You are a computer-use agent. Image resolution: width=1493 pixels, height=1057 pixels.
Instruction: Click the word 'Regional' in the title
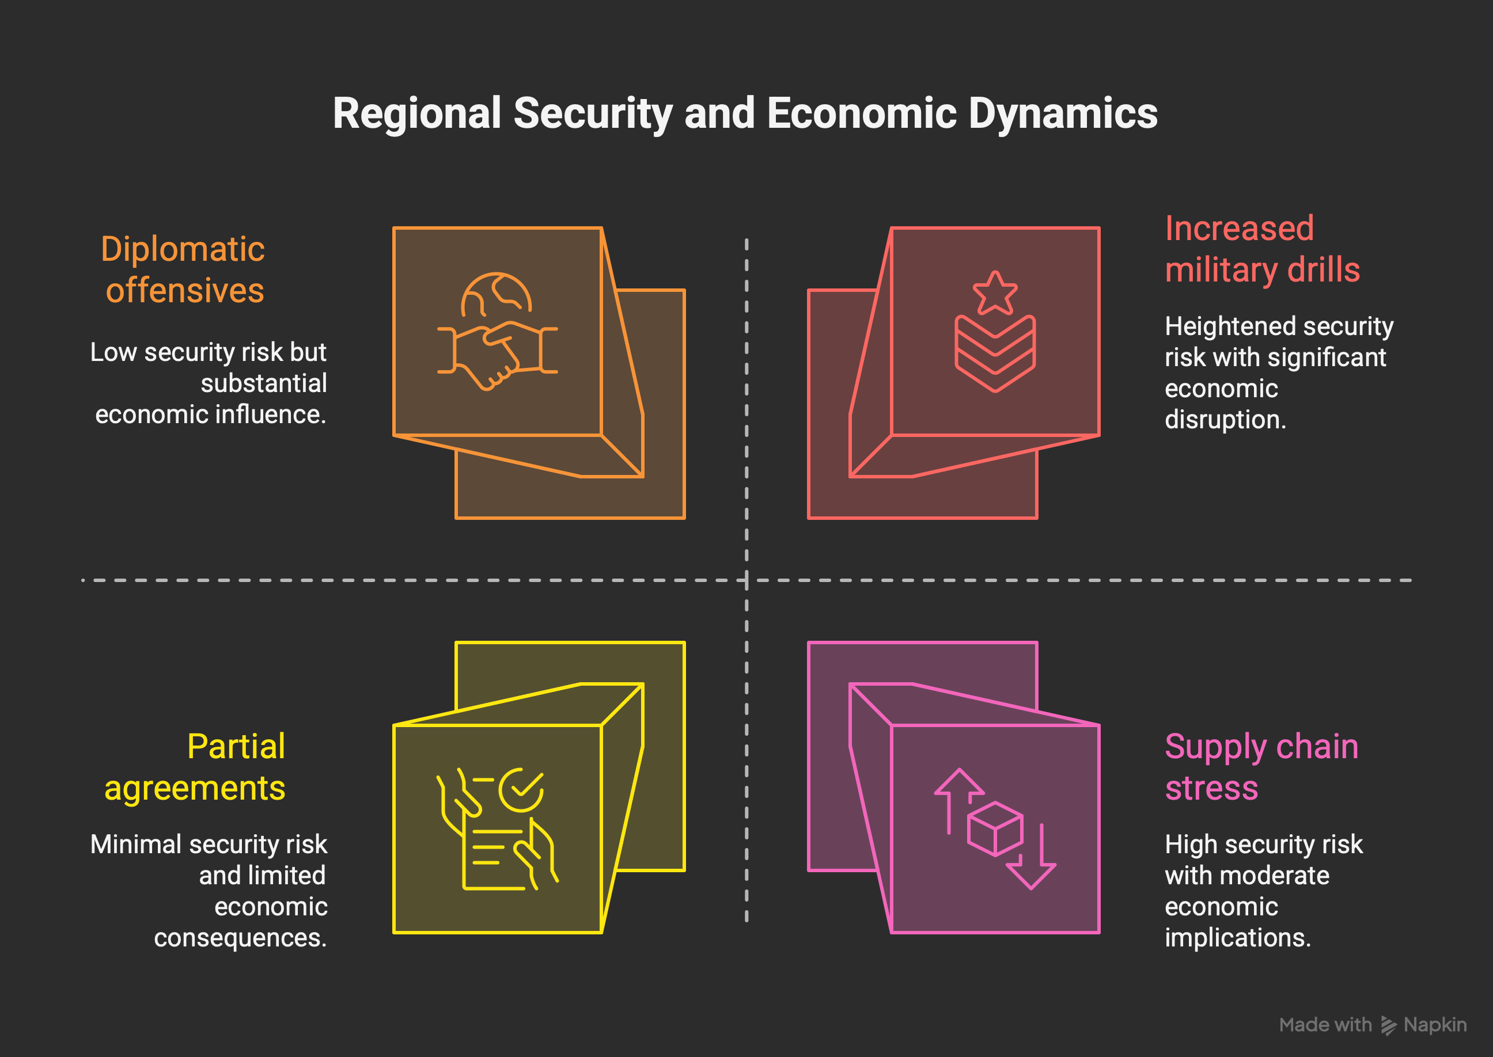click(x=416, y=113)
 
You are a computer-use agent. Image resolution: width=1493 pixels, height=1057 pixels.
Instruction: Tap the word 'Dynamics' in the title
click(x=1062, y=113)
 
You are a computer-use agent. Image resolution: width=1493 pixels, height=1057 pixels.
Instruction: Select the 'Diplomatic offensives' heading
click(x=183, y=269)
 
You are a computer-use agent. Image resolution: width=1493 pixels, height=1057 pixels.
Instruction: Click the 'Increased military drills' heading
click(x=1262, y=249)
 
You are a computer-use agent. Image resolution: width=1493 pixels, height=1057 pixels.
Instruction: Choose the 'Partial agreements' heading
click(x=195, y=767)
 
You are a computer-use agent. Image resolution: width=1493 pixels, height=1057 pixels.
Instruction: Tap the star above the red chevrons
click(x=994, y=294)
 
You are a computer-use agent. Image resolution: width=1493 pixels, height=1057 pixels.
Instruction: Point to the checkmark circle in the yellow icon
click(x=520, y=789)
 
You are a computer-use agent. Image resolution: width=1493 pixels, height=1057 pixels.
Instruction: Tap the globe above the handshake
click(x=497, y=294)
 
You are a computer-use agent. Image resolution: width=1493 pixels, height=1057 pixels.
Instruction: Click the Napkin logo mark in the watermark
click(x=1388, y=1025)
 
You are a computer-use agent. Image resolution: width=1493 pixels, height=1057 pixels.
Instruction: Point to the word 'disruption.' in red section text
click(x=1225, y=420)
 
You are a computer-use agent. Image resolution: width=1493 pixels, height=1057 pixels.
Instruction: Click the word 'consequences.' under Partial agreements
click(x=240, y=938)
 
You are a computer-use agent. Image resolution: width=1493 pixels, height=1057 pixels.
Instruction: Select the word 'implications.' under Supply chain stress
click(x=1237, y=938)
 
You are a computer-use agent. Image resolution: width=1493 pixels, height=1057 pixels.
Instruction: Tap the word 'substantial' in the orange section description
click(x=263, y=383)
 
